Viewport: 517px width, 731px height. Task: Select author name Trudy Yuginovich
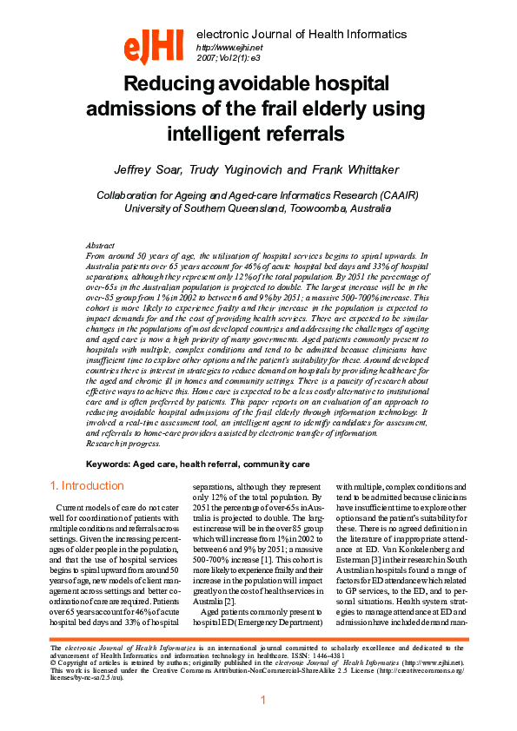tap(240, 168)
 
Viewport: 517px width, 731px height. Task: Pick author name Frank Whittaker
tap(343, 168)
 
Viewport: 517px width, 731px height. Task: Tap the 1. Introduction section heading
tap(86, 485)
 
